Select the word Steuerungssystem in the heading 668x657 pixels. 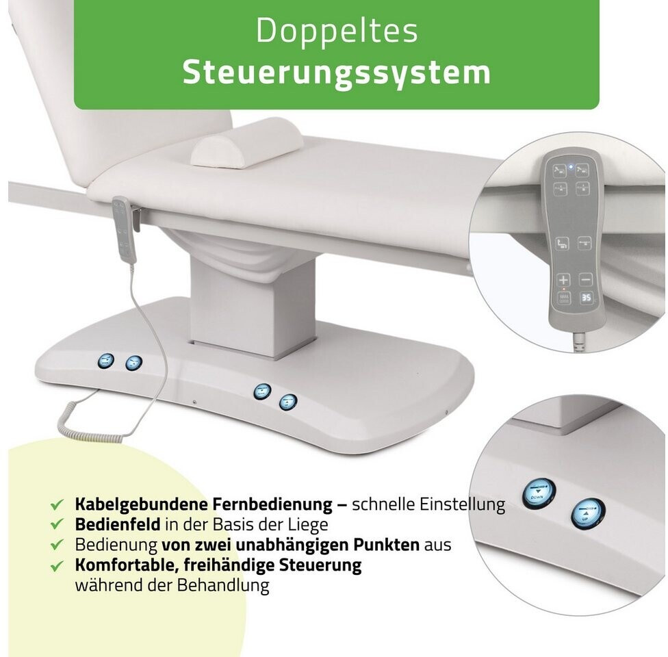(337, 73)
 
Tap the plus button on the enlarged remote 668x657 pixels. (563, 280)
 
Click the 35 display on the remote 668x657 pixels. (586, 298)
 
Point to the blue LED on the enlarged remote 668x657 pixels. (571, 166)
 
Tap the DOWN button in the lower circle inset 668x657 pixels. (539, 493)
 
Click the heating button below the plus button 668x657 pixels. (564, 298)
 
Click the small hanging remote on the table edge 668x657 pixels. (123, 229)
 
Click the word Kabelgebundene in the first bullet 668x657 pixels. (142, 504)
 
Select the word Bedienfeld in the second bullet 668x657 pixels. (118, 524)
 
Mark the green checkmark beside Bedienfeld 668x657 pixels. (57, 524)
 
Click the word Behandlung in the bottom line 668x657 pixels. (223, 585)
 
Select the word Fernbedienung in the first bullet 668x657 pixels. (272, 504)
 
